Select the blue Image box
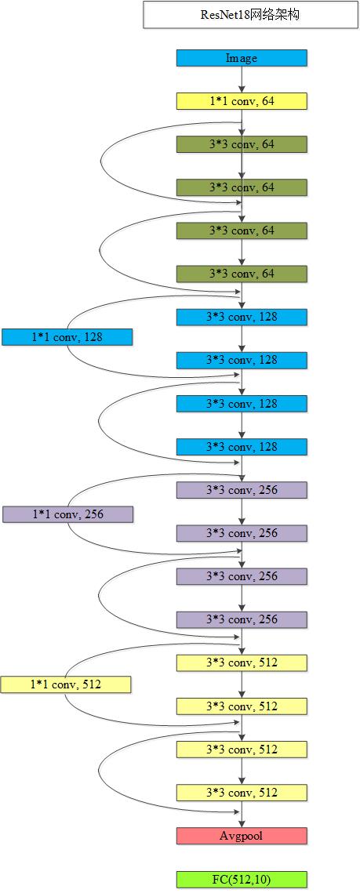pyautogui.click(x=242, y=58)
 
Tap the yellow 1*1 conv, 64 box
pyautogui.click(x=242, y=101)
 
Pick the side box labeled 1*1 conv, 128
pyautogui.click(x=67, y=337)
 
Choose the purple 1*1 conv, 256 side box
pyautogui.click(x=67, y=514)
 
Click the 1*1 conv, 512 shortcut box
pyautogui.click(x=66, y=684)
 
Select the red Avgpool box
pyautogui.click(x=242, y=836)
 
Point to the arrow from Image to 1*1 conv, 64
pyautogui.click(x=242, y=79)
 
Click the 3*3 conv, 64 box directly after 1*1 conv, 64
pyautogui.click(x=242, y=144)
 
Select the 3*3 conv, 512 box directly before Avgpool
pyautogui.click(x=242, y=793)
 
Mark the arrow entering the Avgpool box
pyautogui.click(x=242, y=815)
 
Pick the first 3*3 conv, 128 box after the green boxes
pyautogui.click(x=242, y=317)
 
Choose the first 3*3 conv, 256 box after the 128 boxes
pyautogui.click(x=242, y=490)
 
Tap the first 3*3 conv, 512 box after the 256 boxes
pyautogui.click(x=242, y=662)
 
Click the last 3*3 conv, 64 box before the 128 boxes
pyautogui.click(x=242, y=274)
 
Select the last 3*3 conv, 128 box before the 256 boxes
pyautogui.click(x=242, y=447)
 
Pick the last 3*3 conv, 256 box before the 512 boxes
pyautogui.click(x=242, y=619)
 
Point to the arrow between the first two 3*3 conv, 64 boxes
pyautogui.click(x=242, y=165)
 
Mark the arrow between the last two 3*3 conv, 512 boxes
pyautogui.click(x=242, y=771)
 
